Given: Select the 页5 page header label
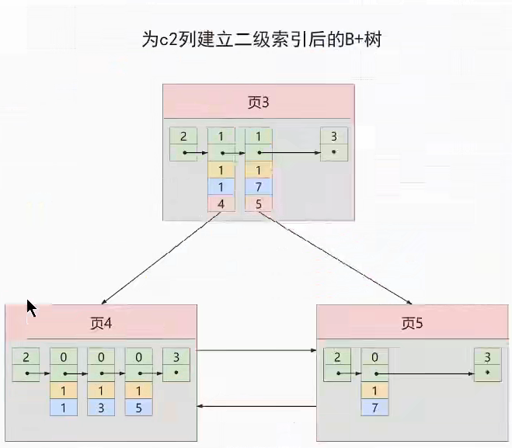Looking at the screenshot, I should [412, 322].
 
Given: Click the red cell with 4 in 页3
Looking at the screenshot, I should [221, 203].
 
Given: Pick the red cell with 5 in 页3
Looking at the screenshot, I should [258, 203].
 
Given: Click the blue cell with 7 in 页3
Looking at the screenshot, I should [258, 186].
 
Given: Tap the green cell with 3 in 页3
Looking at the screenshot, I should [333, 144].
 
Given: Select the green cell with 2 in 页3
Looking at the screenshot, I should [183, 144].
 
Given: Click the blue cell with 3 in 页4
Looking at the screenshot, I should [100, 407].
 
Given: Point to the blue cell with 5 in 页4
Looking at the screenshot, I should [138, 407].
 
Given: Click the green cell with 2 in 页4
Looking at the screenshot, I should [26, 364].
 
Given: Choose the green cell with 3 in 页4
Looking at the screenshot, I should [176, 364].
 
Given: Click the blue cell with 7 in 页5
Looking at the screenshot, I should [374, 407].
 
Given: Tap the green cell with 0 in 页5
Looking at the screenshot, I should [374, 364].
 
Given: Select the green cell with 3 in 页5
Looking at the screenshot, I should [487, 364].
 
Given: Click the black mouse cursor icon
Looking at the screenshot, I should [32, 308].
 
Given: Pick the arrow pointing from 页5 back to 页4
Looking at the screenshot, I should [256, 405].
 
